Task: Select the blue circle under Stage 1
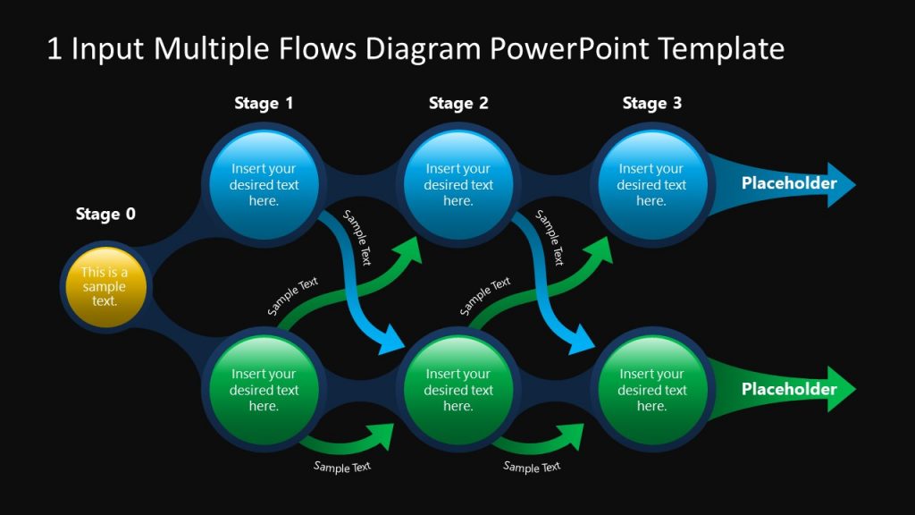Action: point(264,185)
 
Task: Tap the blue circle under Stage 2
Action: point(457,185)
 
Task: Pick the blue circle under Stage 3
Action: point(651,185)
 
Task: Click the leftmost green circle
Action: point(264,390)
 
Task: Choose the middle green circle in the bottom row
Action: point(457,390)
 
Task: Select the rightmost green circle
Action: point(651,390)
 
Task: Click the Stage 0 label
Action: point(105,214)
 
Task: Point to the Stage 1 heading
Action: point(264,104)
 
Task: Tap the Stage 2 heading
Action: point(457,104)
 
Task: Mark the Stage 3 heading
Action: point(651,104)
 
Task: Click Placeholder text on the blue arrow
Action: point(789,184)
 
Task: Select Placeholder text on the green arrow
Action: point(789,389)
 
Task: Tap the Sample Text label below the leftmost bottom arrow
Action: point(341,467)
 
